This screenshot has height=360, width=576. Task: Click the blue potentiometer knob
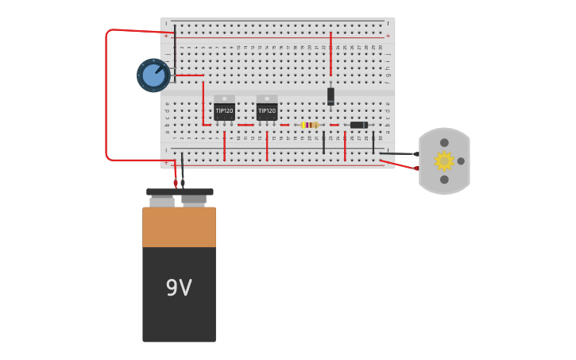point(153,75)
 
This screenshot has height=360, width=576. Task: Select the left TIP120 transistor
point(224,111)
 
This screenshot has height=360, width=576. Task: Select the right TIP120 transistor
point(267,111)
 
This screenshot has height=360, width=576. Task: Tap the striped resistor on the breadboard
point(309,125)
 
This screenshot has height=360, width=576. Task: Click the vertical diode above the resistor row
point(331,95)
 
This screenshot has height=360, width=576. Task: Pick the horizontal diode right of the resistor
point(358,125)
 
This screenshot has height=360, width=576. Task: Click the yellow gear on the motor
point(443,161)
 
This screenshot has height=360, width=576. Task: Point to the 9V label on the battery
point(179,288)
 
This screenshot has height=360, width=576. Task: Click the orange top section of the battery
point(179,227)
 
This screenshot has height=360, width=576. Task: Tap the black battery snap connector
point(180,192)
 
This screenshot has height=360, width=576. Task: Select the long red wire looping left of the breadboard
point(106,95)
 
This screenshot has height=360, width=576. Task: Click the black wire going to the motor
point(397,153)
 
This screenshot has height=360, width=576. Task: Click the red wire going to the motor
point(398,165)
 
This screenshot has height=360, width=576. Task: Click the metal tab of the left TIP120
point(224,99)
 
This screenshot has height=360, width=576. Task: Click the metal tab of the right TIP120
point(267,99)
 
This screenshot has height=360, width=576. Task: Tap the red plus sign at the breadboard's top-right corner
point(388,36)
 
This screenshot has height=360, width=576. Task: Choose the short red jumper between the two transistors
point(245,125)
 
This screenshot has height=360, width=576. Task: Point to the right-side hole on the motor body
point(461,161)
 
